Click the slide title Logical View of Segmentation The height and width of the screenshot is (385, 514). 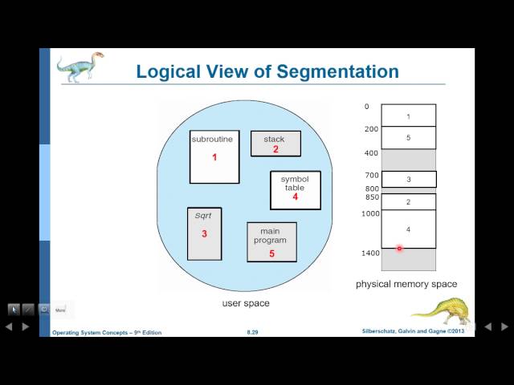coord(267,71)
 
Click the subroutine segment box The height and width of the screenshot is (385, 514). coord(214,156)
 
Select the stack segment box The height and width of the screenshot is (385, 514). coord(275,144)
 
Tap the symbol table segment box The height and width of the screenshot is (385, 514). coord(295,190)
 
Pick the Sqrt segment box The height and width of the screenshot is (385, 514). coord(204,233)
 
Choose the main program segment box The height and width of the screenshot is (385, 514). coord(271,242)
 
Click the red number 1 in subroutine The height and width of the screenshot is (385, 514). coord(214,157)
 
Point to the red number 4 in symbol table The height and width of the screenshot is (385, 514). coord(295,197)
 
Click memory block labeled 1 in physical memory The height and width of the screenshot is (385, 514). coord(408,115)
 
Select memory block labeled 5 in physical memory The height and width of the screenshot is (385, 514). coord(408,137)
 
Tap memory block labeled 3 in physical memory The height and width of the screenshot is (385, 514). coord(408,180)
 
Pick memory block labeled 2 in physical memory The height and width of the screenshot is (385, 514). coord(408,201)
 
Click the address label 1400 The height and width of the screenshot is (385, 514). coord(369,253)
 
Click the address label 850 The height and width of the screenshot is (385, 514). coord(371,197)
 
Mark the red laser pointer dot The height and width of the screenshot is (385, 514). coord(399,248)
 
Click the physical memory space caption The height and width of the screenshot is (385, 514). coord(406,284)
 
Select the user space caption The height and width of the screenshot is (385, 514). coord(246,303)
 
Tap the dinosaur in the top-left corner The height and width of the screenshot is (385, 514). coord(80,67)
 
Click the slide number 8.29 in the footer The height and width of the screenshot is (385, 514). coord(252,332)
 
